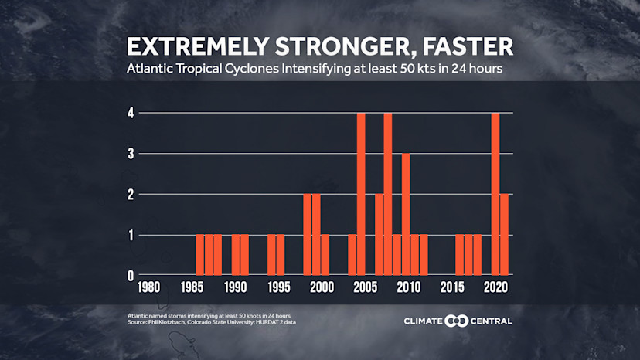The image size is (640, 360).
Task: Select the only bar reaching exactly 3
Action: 406,215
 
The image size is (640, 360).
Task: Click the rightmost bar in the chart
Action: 505,235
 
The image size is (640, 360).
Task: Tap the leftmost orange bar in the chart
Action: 200,255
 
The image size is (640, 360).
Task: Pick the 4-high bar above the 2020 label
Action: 495,194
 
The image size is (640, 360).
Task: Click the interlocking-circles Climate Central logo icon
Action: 458,321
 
